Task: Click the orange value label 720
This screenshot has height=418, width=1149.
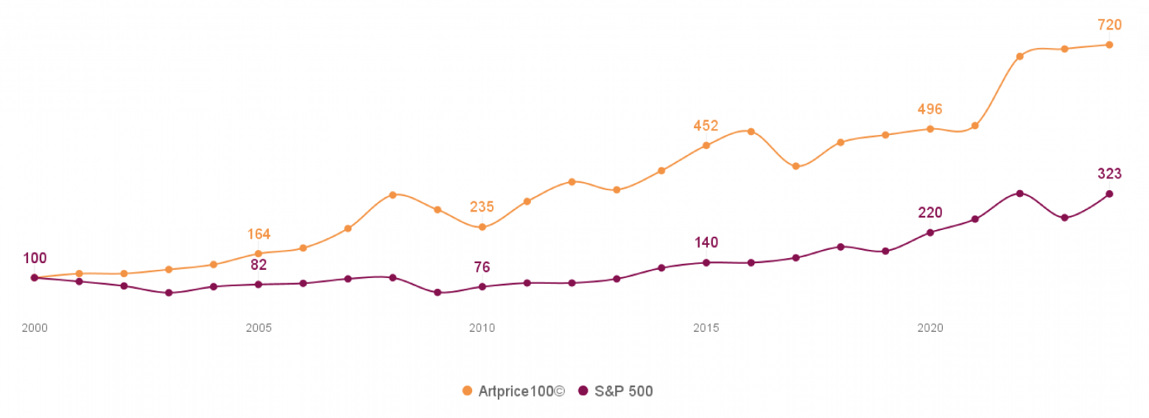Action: tap(1109, 25)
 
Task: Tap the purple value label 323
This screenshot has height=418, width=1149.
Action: tap(1109, 174)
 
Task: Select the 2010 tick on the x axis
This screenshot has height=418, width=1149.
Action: tap(482, 328)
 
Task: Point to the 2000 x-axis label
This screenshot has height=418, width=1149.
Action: tap(35, 328)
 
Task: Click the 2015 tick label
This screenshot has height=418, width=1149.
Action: tap(706, 328)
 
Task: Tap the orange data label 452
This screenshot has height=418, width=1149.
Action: tap(706, 125)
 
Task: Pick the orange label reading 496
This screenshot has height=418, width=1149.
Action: tap(930, 109)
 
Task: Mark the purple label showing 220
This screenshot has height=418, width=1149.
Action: tap(930, 213)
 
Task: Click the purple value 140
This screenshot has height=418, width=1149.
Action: tap(706, 243)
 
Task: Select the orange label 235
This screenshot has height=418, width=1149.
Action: tap(482, 207)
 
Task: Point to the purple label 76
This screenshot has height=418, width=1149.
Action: tap(482, 267)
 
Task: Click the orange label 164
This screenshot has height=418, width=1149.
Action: tap(259, 234)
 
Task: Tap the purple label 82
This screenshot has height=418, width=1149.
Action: tap(259, 265)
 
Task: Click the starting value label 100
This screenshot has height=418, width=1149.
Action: tap(35, 258)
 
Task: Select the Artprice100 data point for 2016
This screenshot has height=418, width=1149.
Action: tap(751, 131)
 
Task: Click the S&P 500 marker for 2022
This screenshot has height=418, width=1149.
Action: tap(1019, 193)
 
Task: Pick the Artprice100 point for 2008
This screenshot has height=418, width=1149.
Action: tap(393, 195)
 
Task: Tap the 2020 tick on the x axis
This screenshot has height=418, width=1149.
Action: tap(930, 328)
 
